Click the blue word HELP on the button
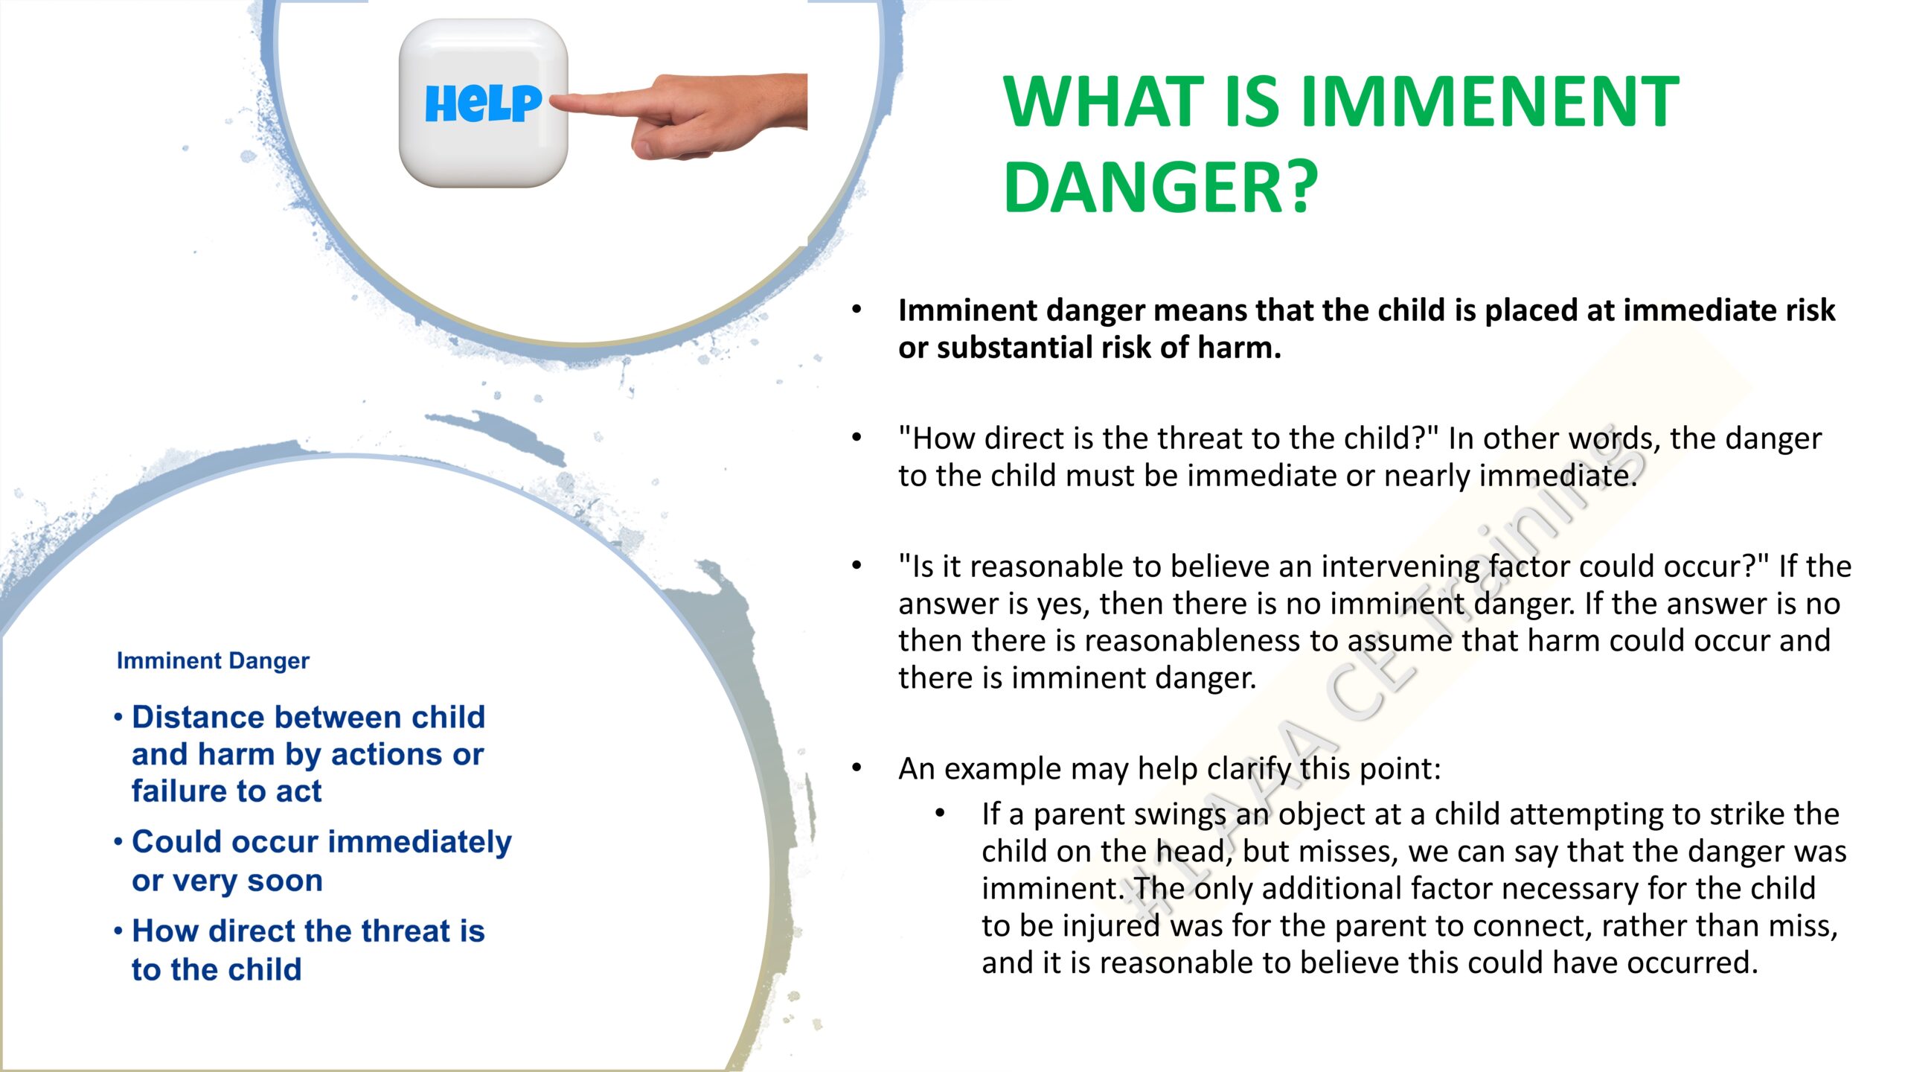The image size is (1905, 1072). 483,103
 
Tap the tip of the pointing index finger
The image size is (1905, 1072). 552,101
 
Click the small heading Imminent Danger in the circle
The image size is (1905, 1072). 213,660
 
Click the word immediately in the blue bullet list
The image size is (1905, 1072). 420,843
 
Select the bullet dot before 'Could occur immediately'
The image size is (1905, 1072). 118,842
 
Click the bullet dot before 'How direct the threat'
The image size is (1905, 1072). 118,931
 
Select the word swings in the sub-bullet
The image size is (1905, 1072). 1179,815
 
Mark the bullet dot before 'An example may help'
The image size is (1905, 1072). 857,768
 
